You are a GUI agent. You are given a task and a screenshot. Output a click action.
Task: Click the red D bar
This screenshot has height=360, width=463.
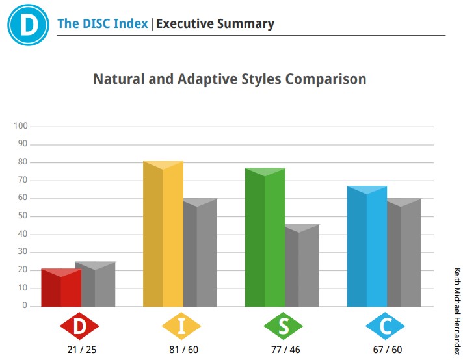pos(61,288)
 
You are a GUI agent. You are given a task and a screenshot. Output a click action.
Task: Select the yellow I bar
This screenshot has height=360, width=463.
pos(163,234)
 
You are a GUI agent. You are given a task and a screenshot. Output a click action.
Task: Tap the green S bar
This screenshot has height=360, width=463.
pos(265,237)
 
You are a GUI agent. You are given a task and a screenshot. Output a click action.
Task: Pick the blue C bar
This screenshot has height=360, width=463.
pos(367,246)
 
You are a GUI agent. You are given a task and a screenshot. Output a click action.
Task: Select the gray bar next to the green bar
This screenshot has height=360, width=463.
pos(302,266)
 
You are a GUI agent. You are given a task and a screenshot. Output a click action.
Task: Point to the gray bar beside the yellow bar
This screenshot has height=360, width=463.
pos(200,253)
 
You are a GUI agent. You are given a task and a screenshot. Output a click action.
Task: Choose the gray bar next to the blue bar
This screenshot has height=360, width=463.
pos(404,253)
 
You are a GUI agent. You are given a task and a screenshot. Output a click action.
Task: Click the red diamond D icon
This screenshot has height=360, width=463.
pos(79,326)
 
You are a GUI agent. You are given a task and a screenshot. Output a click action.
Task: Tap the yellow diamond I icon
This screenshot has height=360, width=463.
pos(181,326)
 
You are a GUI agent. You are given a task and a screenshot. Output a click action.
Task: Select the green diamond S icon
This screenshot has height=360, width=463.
pos(283,326)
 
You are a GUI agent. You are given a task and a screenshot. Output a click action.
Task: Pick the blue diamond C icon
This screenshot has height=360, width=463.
pos(385,326)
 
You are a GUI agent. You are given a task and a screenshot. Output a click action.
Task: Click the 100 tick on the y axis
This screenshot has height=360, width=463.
pos(21,126)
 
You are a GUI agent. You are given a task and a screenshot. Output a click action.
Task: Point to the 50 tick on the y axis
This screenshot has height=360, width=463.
pos(23,216)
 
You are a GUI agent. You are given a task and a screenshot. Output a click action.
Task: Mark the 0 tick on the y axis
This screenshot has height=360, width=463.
pos(25,305)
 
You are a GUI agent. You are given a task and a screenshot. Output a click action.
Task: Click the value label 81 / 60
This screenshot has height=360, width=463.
pos(183,350)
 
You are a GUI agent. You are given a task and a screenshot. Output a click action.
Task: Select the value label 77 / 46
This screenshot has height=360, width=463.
pos(285,350)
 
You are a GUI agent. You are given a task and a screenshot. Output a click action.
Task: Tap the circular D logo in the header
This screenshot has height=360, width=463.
pos(29,25)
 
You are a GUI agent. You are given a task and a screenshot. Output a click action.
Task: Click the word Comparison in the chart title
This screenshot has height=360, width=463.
pos(326,79)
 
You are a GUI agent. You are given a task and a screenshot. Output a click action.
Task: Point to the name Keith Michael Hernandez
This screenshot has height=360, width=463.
pos(457,311)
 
